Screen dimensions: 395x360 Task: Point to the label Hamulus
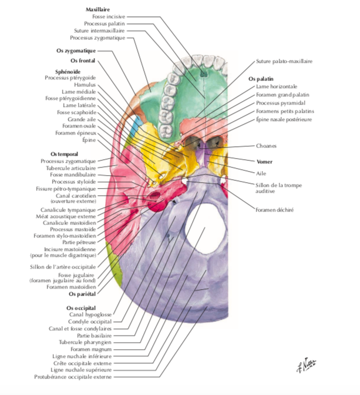point(85,85)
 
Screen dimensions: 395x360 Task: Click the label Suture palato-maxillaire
point(284,61)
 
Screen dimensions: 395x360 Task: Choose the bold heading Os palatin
point(261,78)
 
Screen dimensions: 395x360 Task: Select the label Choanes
point(267,146)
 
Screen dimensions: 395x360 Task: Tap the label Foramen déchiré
point(274,210)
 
